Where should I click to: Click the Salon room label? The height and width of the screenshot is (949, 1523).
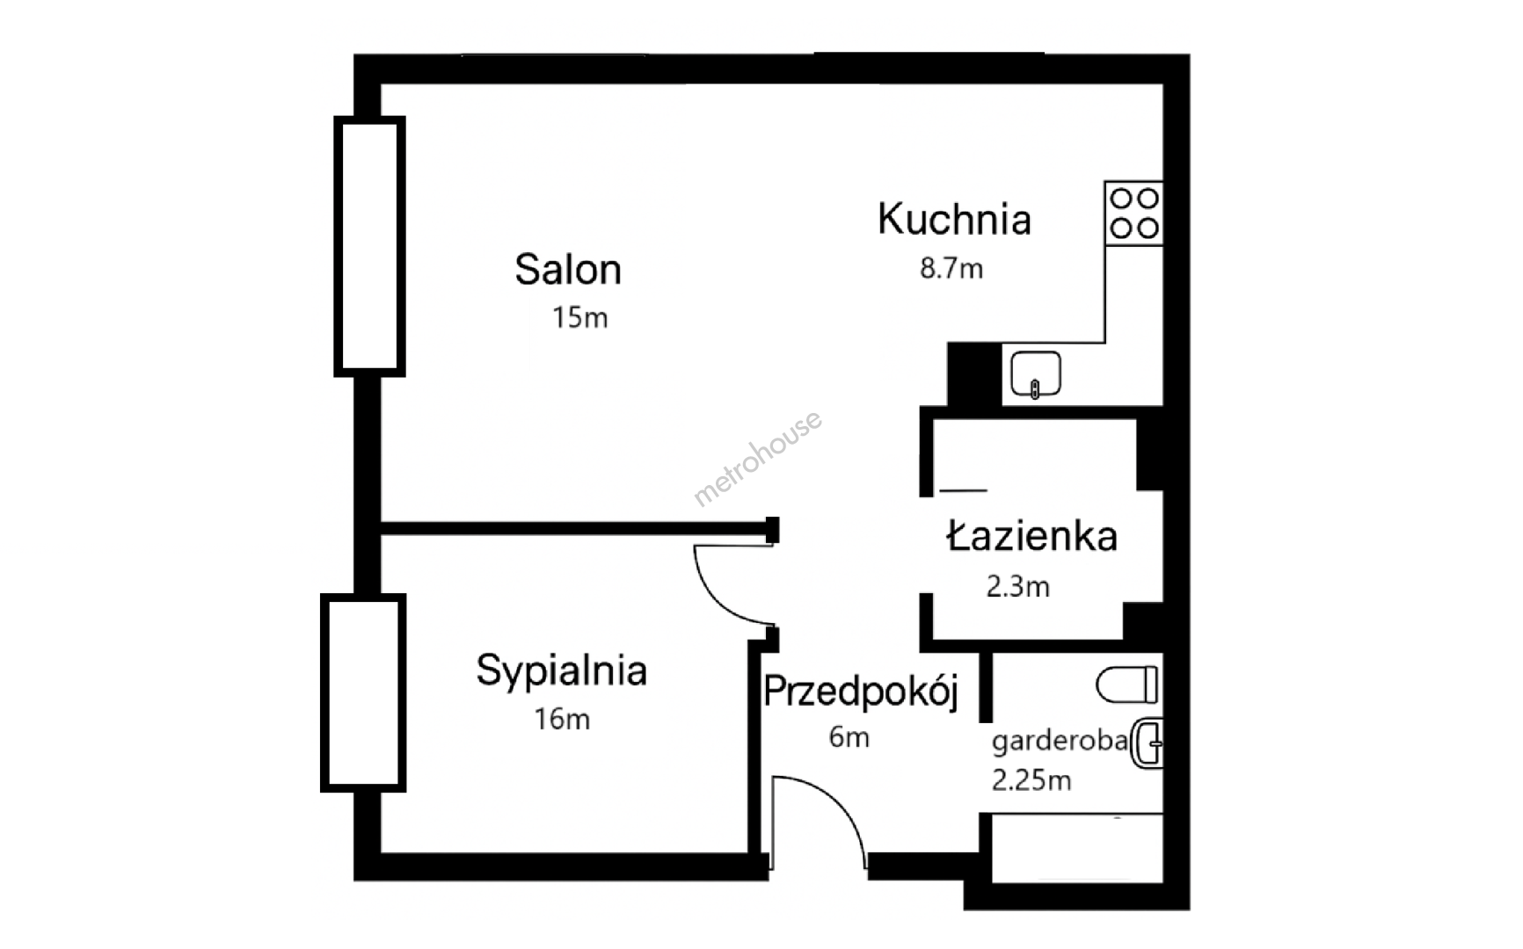pyautogui.click(x=568, y=269)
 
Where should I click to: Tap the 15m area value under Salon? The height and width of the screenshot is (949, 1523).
pyautogui.click(x=579, y=317)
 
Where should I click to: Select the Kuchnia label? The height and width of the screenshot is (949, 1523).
pyautogui.click(x=954, y=219)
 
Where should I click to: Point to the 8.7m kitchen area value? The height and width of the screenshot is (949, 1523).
pyautogui.click(x=951, y=268)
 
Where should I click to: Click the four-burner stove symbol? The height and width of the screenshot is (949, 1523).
pyautogui.click(x=1133, y=213)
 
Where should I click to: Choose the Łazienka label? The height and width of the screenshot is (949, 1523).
pyautogui.click(x=1031, y=535)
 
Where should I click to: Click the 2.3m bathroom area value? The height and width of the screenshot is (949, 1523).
pyautogui.click(x=1017, y=586)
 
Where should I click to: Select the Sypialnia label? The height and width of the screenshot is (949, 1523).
pyautogui.click(x=561, y=671)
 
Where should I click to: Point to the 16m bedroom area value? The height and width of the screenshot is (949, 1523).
pyautogui.click(x=562, y=719)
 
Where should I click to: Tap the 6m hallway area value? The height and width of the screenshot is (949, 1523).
pyautogui.click(x=849, y=736)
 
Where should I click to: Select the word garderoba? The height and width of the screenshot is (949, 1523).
pyautogui.click(x=1060, y=743)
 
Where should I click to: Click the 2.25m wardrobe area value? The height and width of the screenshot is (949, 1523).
pyautogui.click(x=1031, y=779)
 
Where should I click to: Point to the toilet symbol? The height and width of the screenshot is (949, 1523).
pyautogui.click(x=1127, y=685)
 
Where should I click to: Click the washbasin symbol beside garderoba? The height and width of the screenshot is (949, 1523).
pyautogui.click(x=1147, y=743)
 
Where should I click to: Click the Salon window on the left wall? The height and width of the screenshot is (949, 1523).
pyautogui.click(x=369, y=246)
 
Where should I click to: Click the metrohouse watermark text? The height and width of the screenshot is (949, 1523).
pyautogui.click(x=757, y=459)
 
